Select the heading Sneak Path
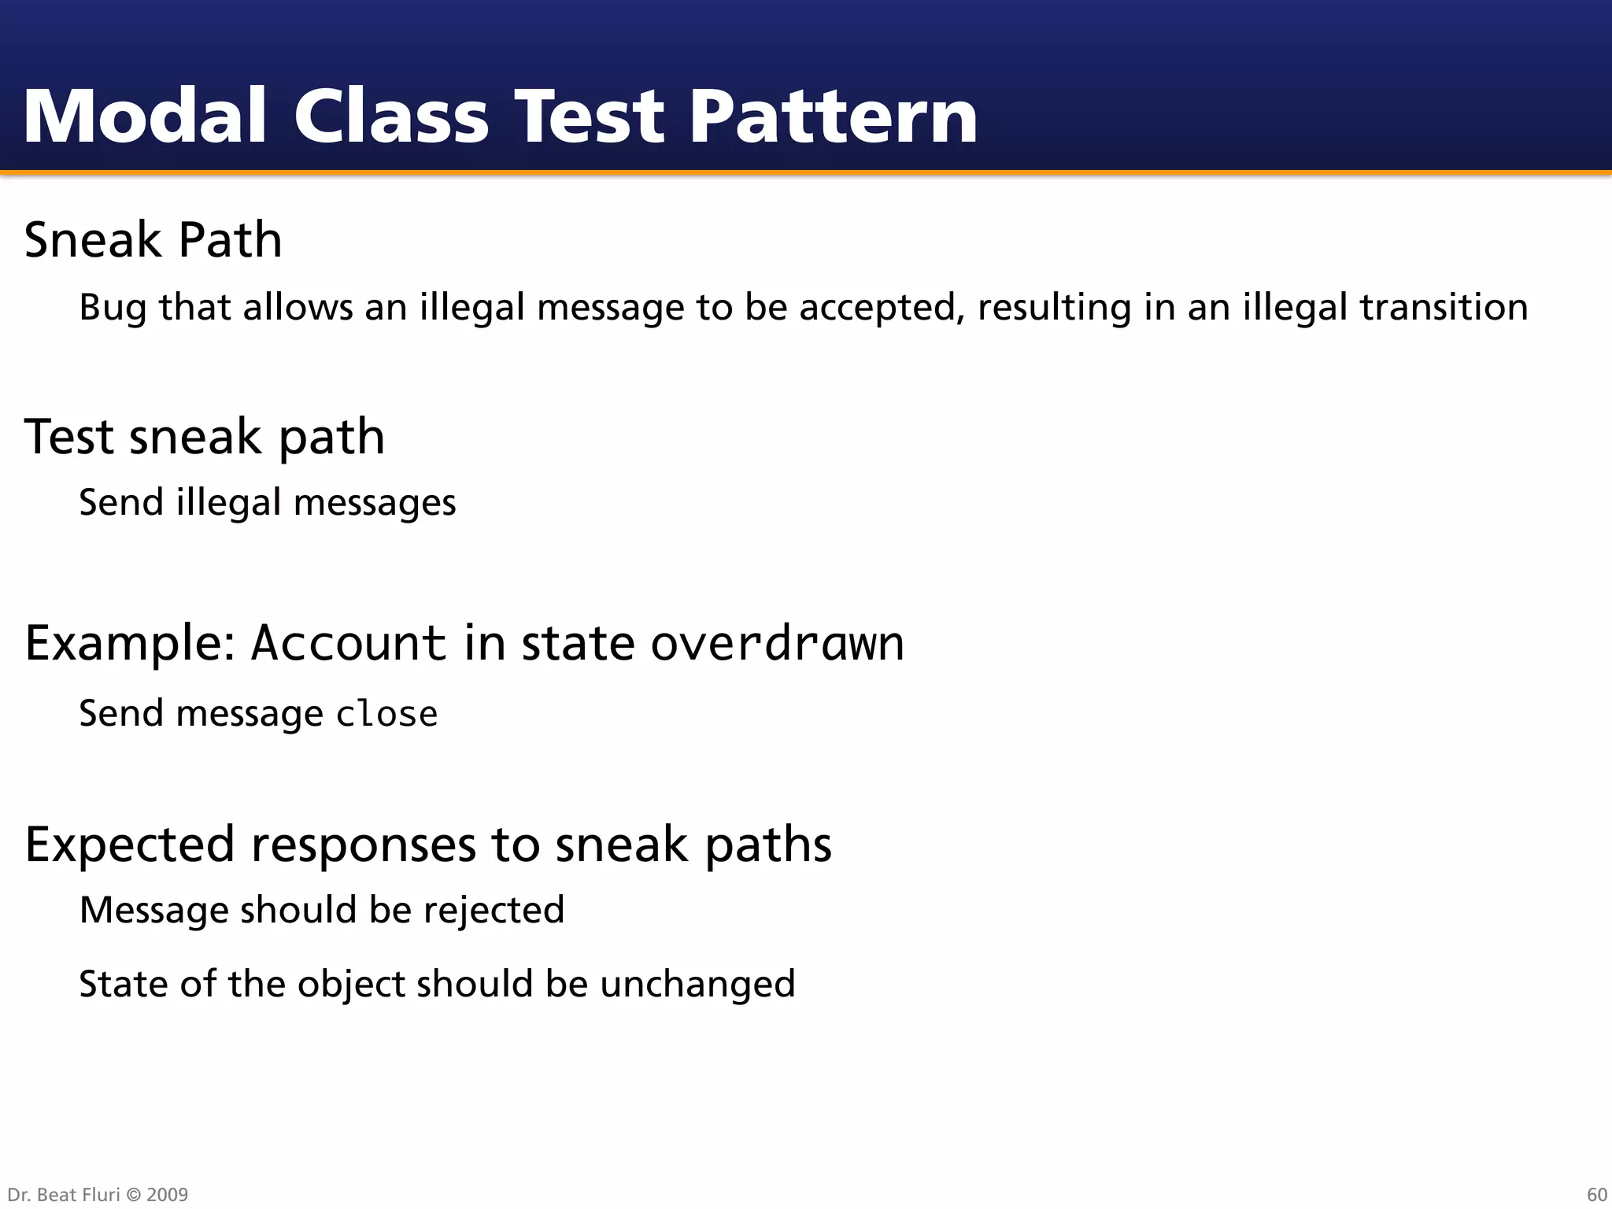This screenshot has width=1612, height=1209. [153, 239]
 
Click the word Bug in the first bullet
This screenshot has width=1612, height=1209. [113, 308]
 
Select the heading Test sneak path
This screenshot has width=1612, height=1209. [205, 437]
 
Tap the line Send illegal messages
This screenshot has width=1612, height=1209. [268, 503]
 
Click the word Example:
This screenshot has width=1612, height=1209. [131, 643]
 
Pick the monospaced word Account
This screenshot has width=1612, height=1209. [349, 643]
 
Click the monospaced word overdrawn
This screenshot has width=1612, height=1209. [778, 643]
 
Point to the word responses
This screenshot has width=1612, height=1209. [363, 845]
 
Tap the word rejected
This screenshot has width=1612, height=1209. [494, 911]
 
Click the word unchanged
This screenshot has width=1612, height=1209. [697, 985]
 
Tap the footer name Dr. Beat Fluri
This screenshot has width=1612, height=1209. [63, 1195]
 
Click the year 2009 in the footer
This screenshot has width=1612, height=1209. [168, 1195]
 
